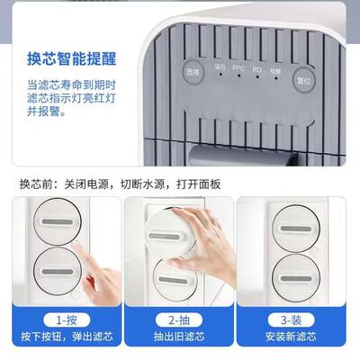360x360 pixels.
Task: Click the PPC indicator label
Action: click(238, 67)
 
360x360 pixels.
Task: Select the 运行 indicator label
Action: click(220, 67)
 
